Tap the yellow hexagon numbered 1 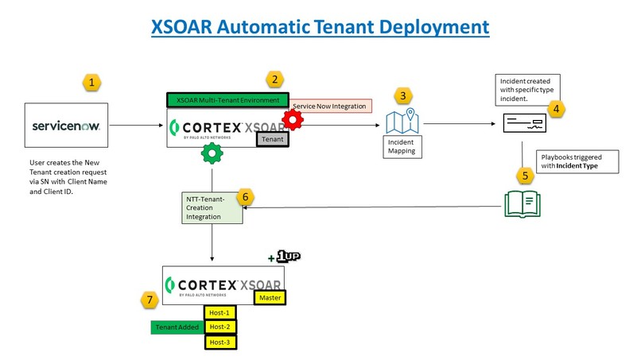94,82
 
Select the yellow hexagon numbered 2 275,79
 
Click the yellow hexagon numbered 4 557,108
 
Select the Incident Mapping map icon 402,122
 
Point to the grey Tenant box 271,137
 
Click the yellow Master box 268,298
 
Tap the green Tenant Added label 177,327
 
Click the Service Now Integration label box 328,106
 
